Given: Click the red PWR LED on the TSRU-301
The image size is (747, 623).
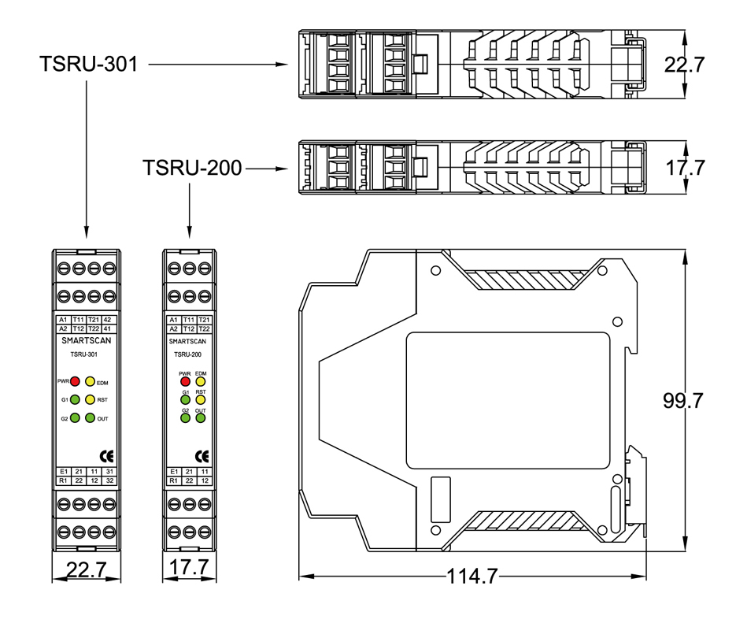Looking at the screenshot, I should click(76, 381).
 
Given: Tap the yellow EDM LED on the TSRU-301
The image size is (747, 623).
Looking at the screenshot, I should click(91, 381).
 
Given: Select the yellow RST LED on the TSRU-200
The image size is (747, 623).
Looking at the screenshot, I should click(201, 399).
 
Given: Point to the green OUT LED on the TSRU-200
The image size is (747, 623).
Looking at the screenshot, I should click(201, 418).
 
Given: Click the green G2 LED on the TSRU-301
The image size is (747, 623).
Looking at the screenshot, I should click(76, 418).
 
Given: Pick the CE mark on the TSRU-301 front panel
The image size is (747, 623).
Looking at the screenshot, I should click(105, 454).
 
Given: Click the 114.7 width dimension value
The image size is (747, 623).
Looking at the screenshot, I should click(472, 577).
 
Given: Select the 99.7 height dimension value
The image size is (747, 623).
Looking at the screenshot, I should click(682, 401).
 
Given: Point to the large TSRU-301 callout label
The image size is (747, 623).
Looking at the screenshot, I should click(88, 64).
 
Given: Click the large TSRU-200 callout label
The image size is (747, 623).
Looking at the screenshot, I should click(192, 168).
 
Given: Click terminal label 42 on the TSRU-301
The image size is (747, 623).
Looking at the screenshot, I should click(108, 319).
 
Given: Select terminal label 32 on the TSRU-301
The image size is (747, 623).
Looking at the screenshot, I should click(109, 480).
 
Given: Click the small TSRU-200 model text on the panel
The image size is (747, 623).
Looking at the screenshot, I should click(188, 354).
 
